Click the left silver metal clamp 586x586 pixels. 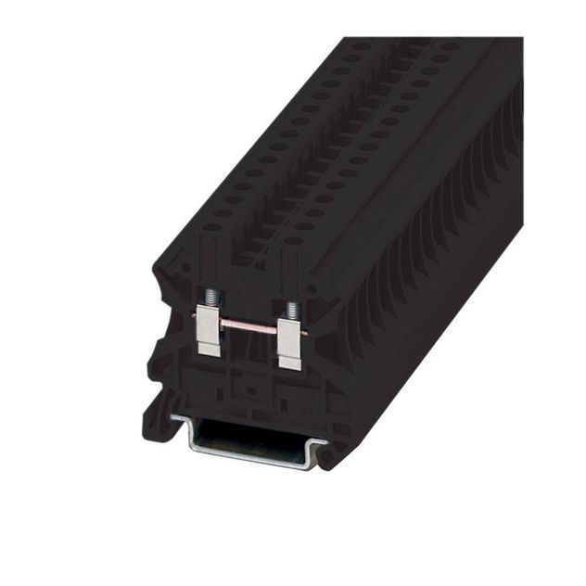210,330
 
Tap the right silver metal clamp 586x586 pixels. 290,342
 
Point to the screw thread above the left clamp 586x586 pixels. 211,299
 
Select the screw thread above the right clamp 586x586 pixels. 292,309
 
